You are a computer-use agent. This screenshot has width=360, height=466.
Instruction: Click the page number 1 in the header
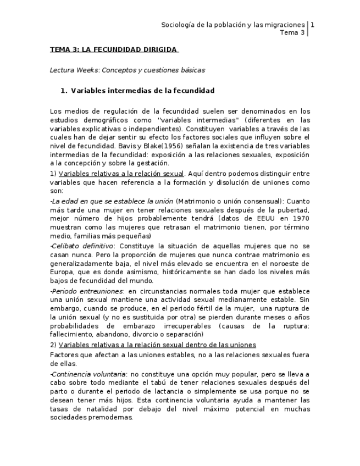point(312,25)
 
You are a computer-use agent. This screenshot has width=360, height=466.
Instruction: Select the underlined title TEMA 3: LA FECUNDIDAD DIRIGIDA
point(114,49)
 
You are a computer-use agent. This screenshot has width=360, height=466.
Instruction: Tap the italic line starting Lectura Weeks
point(127,70)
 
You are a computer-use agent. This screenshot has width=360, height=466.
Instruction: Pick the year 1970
point(301,219)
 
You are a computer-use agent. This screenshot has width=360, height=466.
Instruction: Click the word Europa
point(62,273)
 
